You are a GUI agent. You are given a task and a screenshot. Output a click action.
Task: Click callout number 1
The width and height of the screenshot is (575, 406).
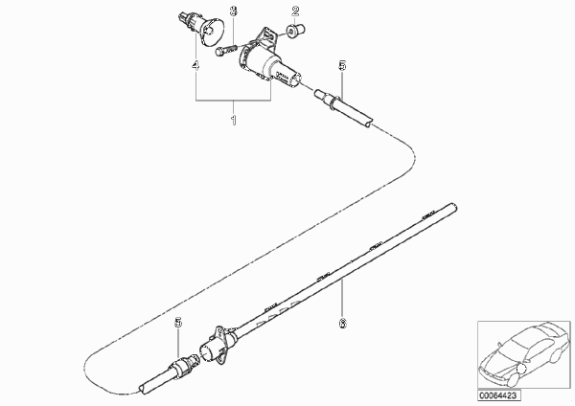click(x=234, y=120)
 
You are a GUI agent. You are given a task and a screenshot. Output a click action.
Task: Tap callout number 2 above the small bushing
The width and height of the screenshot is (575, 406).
click(x=295, y=11)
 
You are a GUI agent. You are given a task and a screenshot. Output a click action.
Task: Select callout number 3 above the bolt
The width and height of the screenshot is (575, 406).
click(x=234, y=11)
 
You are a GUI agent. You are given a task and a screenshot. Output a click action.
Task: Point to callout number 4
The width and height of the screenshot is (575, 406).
click(x=195, y=66)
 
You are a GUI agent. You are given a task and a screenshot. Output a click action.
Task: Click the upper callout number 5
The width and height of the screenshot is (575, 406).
click(x=342, y=66)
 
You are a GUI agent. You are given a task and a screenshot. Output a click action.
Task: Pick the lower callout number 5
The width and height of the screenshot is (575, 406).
click(x=178, y=323)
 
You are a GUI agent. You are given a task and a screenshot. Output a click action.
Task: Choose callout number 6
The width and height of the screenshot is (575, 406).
click(x=342, y=324)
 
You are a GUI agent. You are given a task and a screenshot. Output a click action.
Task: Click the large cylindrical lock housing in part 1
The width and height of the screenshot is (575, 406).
click(x=269, y=67)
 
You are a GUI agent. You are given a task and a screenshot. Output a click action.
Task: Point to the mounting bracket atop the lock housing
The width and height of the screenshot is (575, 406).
click(x=267, y=37)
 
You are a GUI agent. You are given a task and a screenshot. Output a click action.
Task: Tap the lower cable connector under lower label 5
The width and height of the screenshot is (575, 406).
click(x=172, y=373)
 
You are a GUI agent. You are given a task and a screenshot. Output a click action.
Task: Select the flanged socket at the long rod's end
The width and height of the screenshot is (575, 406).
click(x=218, y=346)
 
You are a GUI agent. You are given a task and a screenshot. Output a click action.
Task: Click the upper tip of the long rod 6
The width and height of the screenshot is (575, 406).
click(x=454, y=206)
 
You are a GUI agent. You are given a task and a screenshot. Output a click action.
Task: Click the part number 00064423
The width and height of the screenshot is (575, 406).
click(x=499, y=395)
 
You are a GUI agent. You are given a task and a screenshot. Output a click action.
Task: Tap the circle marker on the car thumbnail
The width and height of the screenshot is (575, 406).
click(x=521, y=369)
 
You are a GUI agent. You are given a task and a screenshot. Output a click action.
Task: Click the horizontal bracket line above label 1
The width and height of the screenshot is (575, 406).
click(x=233, y=100)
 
